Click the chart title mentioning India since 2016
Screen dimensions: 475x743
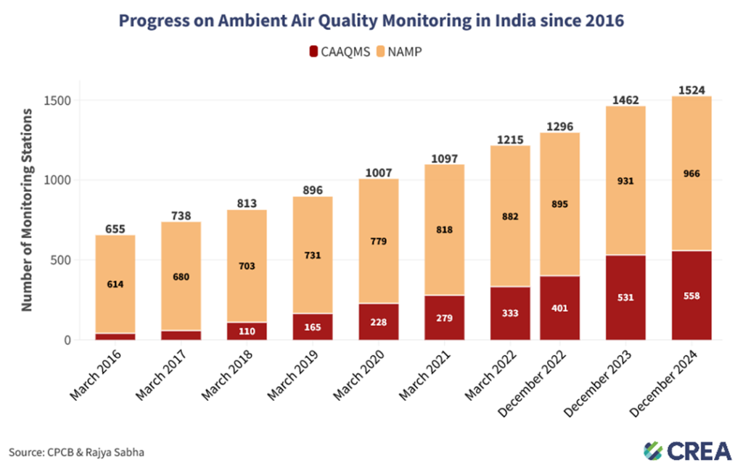click(371, 20)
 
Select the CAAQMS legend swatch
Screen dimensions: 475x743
click(313, 52)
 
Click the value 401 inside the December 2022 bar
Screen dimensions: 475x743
click(559, 308)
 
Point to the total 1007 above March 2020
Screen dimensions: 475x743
click(378, 173)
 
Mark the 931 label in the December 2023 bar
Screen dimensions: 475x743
click(625, 181)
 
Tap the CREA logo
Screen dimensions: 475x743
click(688, 450)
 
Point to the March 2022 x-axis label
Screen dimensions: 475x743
click(490, 373)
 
